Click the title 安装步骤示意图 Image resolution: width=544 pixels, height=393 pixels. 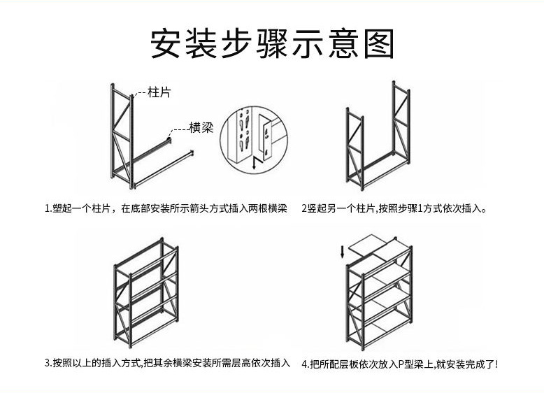tap(273, 43)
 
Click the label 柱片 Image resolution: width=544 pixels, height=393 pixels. tap(159, 92)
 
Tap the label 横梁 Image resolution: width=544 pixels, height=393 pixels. tap(201, 128)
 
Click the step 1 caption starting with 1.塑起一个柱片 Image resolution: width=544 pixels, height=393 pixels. tap(165, 208)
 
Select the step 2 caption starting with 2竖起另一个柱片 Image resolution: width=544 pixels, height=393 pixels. tap(394, 208)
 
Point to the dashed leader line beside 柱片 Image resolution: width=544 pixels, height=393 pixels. tap(139, 92)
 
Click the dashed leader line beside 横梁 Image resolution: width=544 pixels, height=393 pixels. tap(180, 129)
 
